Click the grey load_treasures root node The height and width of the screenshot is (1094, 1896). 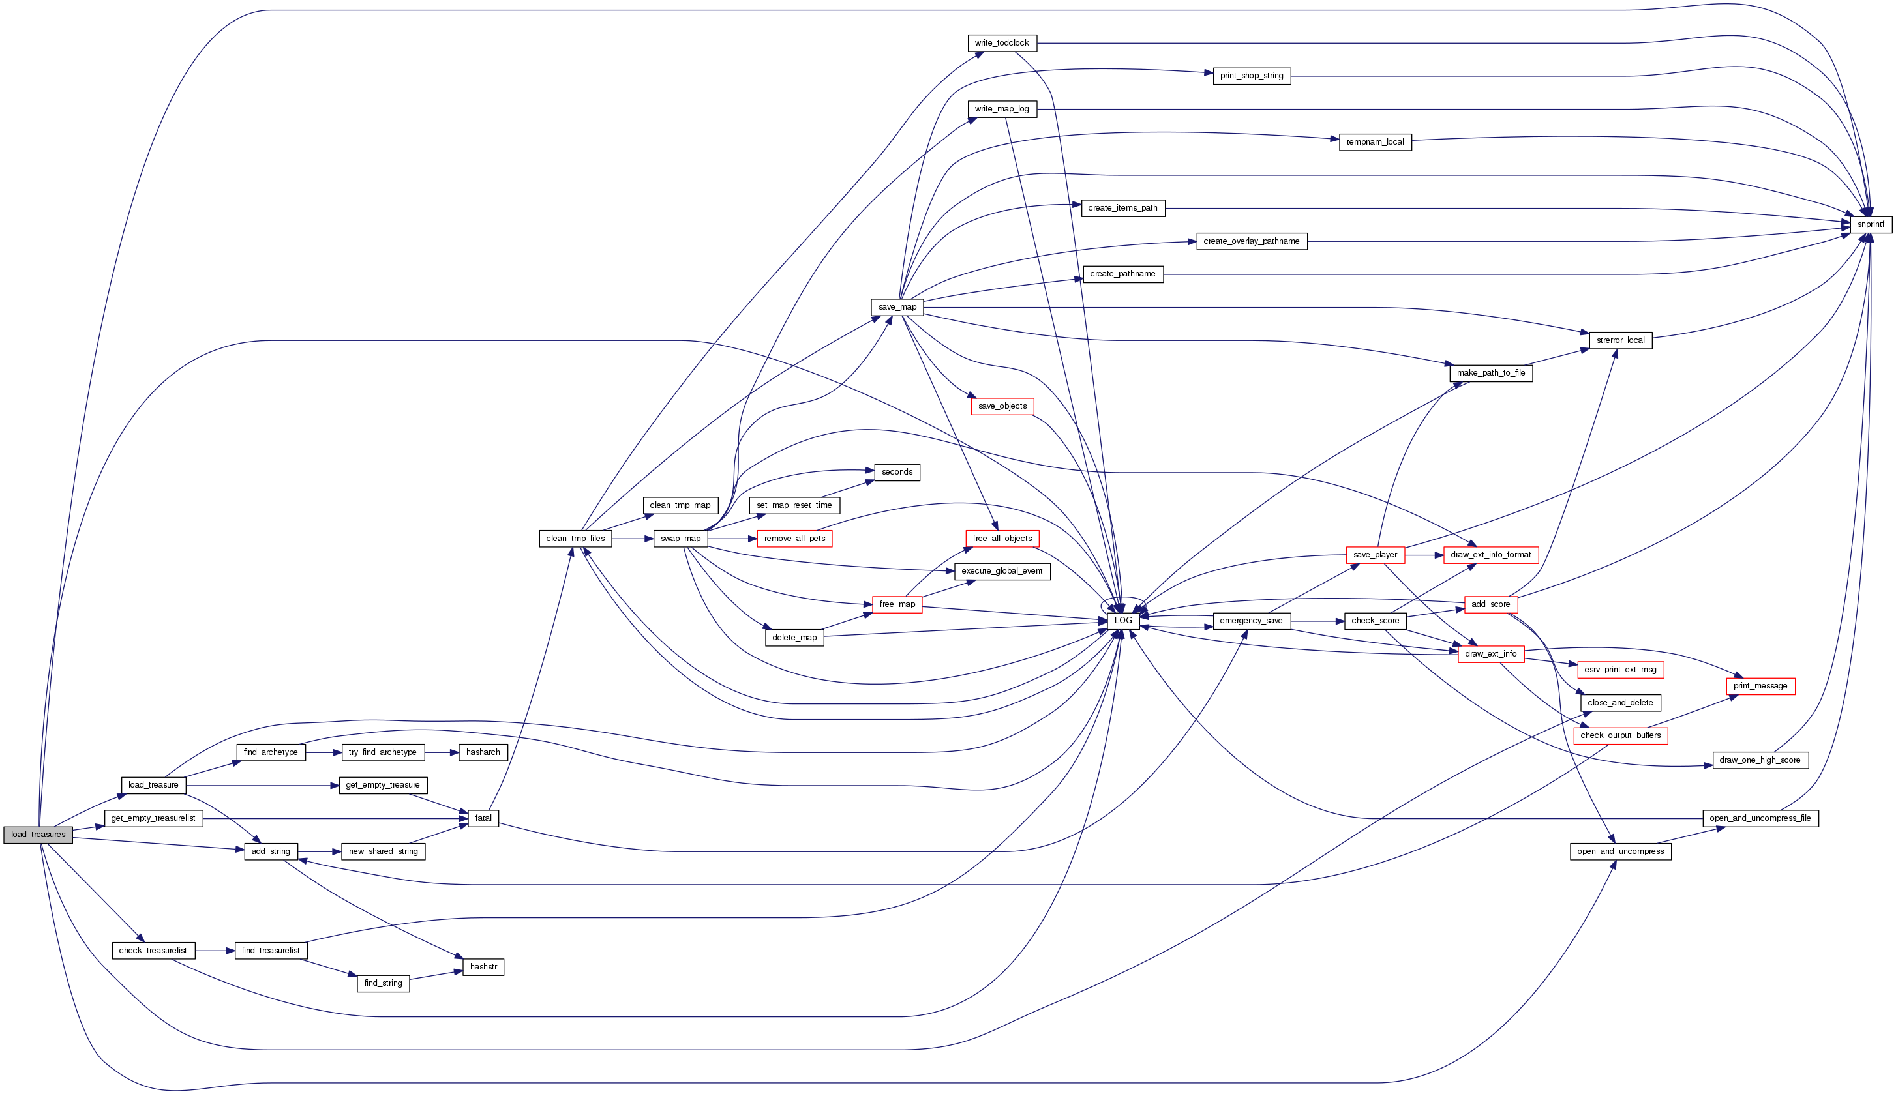38,835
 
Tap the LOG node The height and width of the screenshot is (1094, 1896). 1122,621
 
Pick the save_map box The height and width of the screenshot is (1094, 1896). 897,307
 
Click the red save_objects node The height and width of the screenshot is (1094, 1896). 1002,406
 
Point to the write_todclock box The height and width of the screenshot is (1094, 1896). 1002,44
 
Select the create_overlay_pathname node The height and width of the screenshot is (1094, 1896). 1250,241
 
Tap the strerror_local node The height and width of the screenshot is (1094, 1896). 1619,340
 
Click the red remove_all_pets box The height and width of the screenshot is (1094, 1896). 794,539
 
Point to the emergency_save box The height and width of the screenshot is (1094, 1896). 1250,621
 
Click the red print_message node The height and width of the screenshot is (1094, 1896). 1759,686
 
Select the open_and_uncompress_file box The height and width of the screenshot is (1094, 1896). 1759,818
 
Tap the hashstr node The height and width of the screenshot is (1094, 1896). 483,967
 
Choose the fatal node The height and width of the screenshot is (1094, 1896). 483,818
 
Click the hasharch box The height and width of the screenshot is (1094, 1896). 483,752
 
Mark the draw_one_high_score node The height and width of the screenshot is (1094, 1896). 1759,760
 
